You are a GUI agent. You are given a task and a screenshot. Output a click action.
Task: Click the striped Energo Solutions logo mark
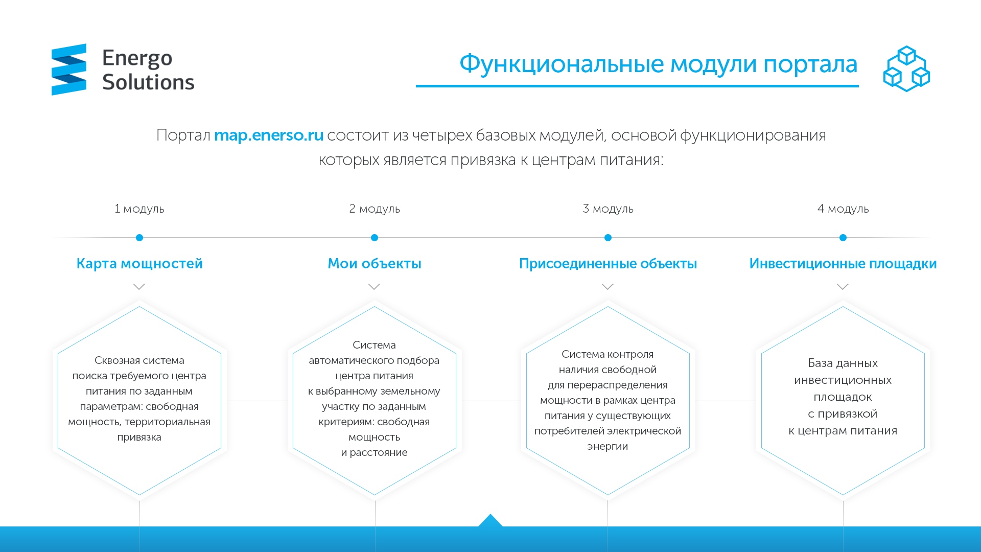coord(69,70)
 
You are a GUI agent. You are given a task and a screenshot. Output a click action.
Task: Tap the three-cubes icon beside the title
coord(906,68)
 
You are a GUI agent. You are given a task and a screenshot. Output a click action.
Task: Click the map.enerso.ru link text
coord(269,135)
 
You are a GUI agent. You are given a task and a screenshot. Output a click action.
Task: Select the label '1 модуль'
coord(139,209)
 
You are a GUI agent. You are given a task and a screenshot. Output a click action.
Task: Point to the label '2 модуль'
coord(375,209)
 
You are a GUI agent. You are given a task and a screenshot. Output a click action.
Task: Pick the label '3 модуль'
coord(608,209)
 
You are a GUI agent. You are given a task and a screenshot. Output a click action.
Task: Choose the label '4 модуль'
coord(843,209)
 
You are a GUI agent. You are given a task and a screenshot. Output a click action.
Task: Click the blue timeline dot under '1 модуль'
coord(139,238)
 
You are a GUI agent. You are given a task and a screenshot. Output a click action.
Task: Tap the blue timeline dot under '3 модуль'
coord(608,238)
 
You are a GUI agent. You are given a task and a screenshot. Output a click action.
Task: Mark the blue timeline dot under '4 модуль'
coord(843,238)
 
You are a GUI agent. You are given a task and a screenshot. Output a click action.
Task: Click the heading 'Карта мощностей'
coord(139,263)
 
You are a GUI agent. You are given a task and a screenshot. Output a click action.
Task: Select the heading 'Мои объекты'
coord(375,263)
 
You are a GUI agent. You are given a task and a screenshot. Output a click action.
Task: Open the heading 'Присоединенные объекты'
coord(608,264)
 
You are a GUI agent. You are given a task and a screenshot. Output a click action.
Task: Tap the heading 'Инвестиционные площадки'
coord(843,264)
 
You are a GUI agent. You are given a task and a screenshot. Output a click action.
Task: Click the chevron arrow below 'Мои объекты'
coord(375,287)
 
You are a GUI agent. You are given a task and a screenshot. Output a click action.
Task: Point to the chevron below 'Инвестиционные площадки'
coord(843,287)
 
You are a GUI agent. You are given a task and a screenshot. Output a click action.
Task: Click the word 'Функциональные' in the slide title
coord(562,64)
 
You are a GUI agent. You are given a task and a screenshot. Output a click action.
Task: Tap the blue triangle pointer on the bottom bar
coord(491,520)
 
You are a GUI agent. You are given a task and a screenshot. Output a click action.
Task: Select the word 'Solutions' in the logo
coord(148,82)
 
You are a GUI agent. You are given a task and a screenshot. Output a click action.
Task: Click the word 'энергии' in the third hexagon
coord(608,446)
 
